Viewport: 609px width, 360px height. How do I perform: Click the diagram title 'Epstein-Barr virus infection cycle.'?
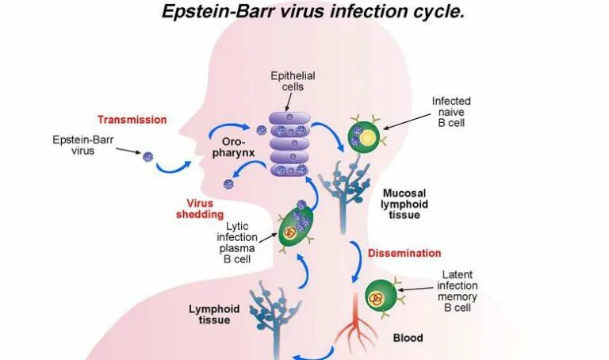(x=313, y=12)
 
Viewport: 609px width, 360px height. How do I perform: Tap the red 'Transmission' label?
(x=132, y=120)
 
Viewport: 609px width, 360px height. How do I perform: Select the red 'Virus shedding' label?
(x=195, y=209)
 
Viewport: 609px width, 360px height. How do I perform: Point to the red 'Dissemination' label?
(x=404, y=254)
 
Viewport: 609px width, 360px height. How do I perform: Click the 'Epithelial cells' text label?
(x=293, y=81)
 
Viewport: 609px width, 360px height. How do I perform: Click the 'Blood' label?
(x=408, y=337)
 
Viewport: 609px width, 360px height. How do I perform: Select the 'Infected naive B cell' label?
(x=451, y=112)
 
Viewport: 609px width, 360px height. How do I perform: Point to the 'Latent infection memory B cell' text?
(x=460, y=291)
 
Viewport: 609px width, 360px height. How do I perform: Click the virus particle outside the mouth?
(x=147, y=156)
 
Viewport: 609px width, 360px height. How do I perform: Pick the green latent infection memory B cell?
(x=380, y=297)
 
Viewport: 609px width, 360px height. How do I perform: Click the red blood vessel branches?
(x=358, y=332)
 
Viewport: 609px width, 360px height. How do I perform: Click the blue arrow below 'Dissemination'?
(x=354, y=265)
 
